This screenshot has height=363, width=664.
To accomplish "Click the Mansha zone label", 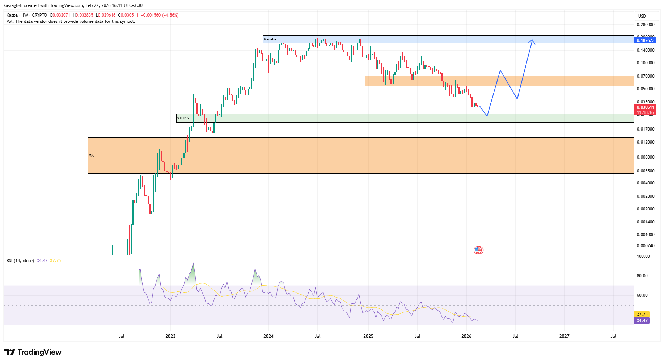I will click(270, 39).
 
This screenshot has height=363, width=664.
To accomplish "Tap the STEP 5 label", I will click(183, 118).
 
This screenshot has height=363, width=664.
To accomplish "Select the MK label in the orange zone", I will click(91, 155).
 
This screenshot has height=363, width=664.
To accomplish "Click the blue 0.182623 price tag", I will click(646, 40).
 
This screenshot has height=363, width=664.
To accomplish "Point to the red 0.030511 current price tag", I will click(646, 107).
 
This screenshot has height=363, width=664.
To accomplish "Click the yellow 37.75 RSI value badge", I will click(642, 315).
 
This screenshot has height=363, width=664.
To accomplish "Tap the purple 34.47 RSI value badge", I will click(642, 321).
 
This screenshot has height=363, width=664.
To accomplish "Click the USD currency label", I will click(642, 16).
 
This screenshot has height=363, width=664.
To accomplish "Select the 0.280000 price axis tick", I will click(646, 25).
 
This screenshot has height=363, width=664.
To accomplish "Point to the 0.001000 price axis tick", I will click(646, 235).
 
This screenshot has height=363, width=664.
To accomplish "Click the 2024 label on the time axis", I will click(268, 336).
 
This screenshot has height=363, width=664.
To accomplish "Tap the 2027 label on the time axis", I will click(564, 336).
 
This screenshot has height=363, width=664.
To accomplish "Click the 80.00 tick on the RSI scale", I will click(642, 276).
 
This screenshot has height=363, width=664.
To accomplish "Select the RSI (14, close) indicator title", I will click(20, 261).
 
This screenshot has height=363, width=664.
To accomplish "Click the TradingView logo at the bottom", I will click(33, 352).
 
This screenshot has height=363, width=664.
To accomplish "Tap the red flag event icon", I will click(478, 250).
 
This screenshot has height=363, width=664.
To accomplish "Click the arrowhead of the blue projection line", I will click(532, 41).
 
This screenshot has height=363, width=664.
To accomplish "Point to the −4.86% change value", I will click(170, 15).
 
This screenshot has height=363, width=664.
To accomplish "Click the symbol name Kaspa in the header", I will click(12, 15).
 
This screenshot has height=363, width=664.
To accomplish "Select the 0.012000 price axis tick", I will click(646, 142).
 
